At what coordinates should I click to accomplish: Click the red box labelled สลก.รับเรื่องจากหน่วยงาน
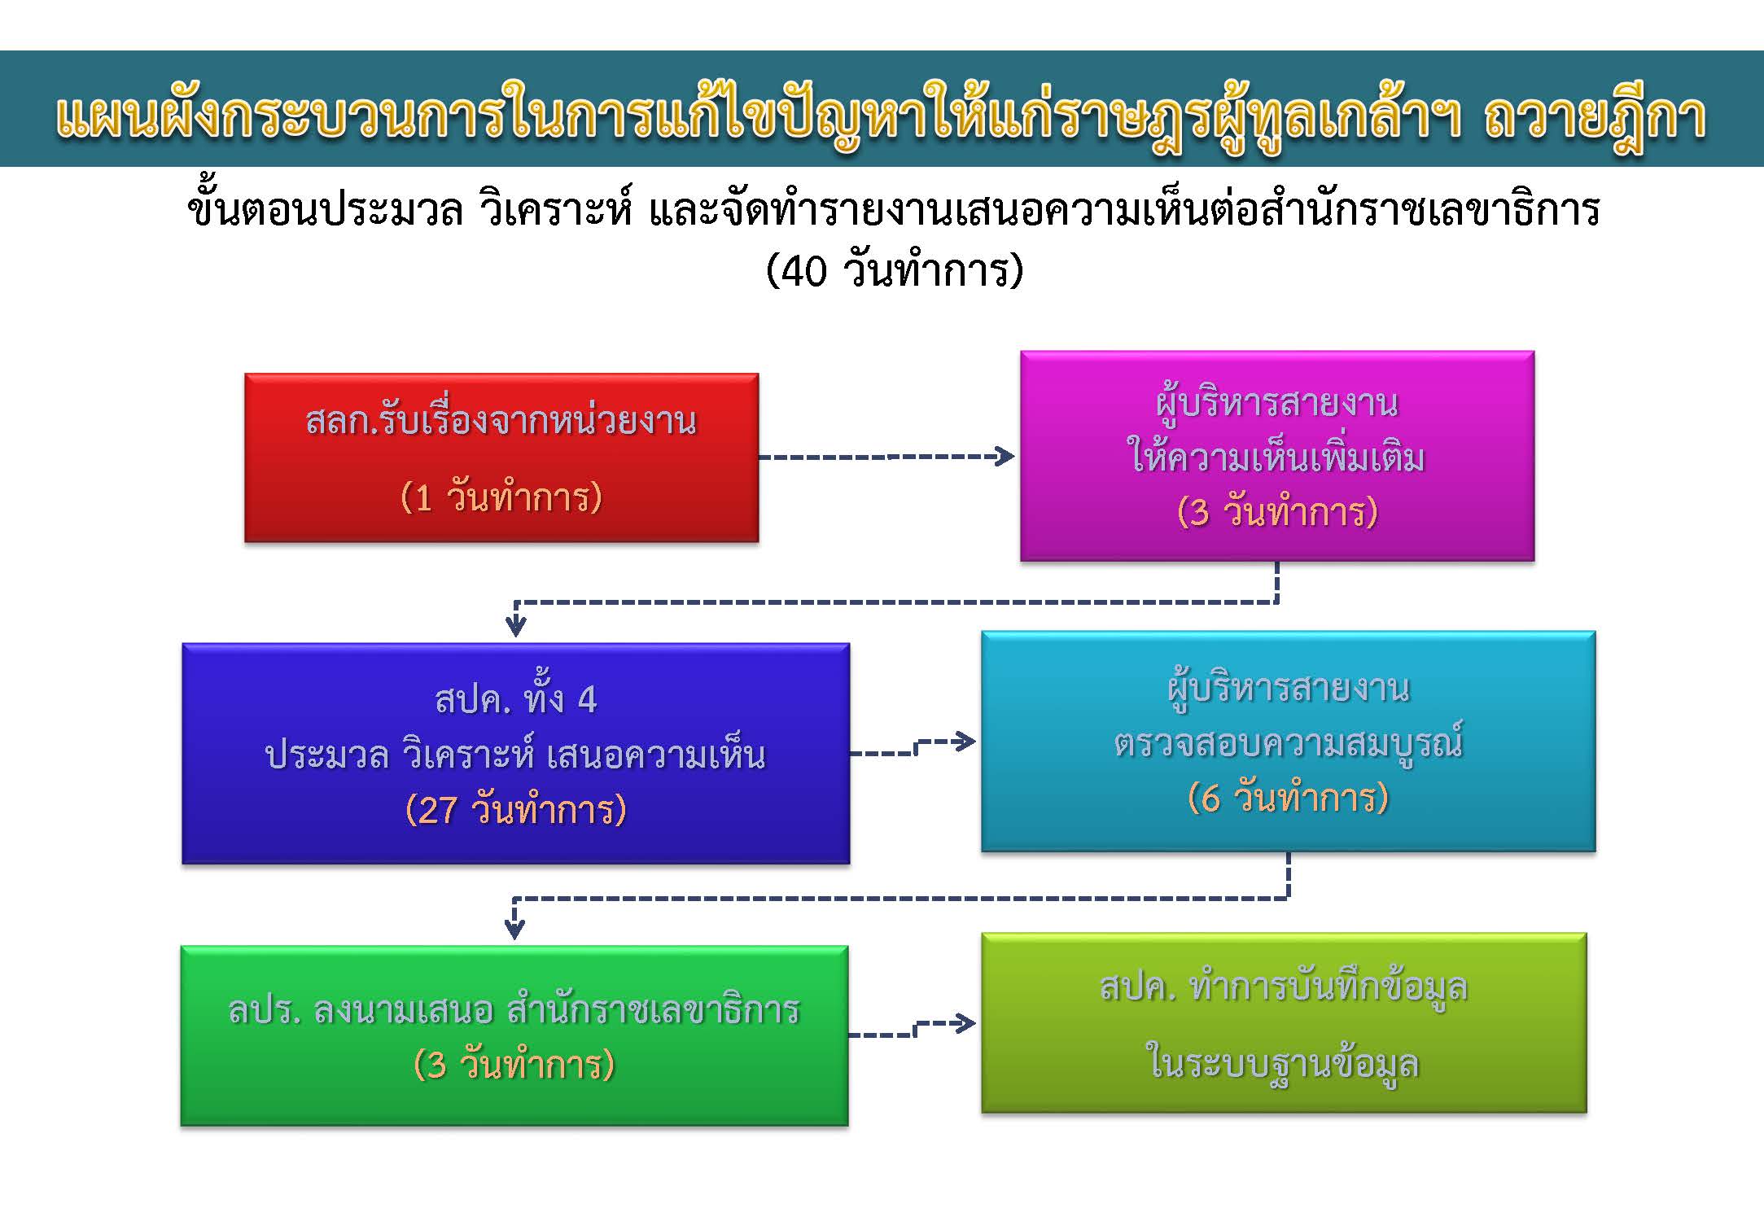pyautogui.click(x=501, y=457)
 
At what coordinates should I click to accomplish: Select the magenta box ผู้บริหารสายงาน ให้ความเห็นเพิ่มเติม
pyautogui.click(x=1277, y=456)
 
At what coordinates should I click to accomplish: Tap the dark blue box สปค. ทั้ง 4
pyautogui.click(x=515, y=753)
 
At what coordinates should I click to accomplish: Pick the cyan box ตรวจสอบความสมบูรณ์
pyautogui.click(x=1288, y=741)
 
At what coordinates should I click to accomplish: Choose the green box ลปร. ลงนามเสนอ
pyautogui.click(x=514, y=1035)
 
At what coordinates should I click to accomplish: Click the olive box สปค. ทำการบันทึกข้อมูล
pyautogui.click(x=1284, y=1022)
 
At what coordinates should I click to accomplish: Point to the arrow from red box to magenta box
pyautogui.click(x=886, y=457)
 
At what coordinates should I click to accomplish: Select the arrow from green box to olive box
pyautogui.click(x=913, y=1029)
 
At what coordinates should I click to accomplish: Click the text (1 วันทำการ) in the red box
pyautogui.click(x=501, y=497)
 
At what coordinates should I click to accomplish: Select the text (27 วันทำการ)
pyautogui.click(x=515, y=810)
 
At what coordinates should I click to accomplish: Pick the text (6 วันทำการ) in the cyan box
pyautogui.click(x=1288, y=797)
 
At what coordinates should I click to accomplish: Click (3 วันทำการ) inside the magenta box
pyautogui.click(x=1277, y=512)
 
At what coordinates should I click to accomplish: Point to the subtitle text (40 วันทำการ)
pyautogui.click(x=894, y=270)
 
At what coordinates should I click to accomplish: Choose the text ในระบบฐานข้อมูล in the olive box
pyautogui.click(x=1284, y=1062)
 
